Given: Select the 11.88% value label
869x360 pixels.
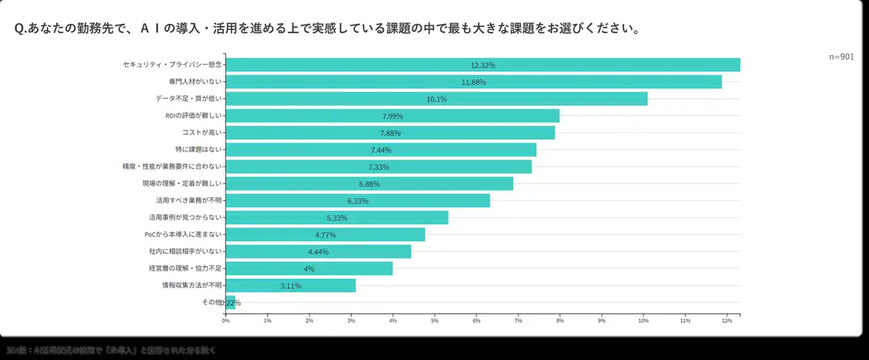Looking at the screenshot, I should (473, 82).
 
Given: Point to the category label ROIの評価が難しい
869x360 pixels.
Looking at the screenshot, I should (193, 115).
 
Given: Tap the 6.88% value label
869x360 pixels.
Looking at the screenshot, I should (369, 184).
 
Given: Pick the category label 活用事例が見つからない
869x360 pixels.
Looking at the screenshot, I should (185, 217).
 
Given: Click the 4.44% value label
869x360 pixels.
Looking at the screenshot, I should (318, 252).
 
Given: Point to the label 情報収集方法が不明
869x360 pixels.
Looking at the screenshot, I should (191, 285).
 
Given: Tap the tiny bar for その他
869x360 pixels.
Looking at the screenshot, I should (230, 303).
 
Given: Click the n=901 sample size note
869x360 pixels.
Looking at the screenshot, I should (841, 57).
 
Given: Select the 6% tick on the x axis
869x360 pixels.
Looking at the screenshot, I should (476, 320).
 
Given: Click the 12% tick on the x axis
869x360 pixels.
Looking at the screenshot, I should (726, 320).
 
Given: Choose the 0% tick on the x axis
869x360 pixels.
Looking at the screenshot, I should (226, 320).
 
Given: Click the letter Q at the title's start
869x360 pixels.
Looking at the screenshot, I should (18, 30).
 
